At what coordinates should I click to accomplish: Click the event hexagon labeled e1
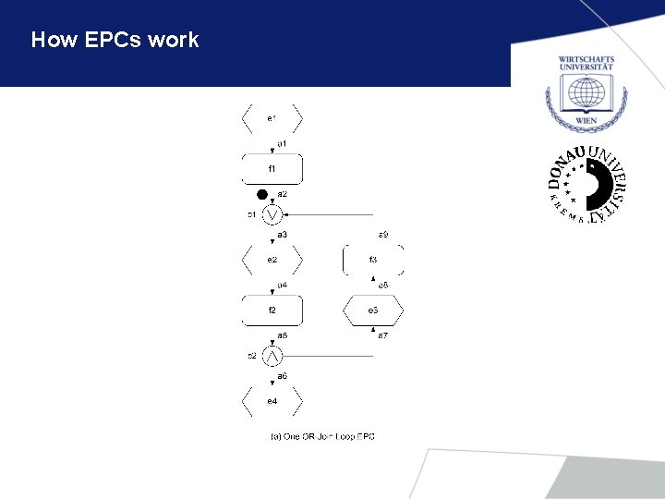click(x=272, y=118)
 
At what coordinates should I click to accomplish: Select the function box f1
click(x=272, y=169)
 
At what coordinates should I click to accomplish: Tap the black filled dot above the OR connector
click(x=262, y=194)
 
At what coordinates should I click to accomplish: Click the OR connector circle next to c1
click(x=272, y=214)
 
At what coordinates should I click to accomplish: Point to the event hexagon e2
click(x=272, y=260)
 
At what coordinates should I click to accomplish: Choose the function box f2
click(x=272, y=310)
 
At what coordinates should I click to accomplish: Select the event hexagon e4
click(x=272, y=401)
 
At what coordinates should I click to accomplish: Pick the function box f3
click(x=373, y=260)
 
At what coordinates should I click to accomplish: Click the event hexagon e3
click(x=373, y=310)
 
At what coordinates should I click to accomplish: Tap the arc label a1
click(x=283, y=144)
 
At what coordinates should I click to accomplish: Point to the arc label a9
click(x=383, y=235)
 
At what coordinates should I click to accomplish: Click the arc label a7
click(x=382, y=335)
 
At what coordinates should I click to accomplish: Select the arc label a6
click(x=283, y=376)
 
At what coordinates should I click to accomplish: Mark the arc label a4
click(x=283, y=285)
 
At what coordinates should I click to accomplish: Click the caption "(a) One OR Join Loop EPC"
click(x=322, y=436)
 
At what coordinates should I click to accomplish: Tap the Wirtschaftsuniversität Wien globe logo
click(x=586, y=92)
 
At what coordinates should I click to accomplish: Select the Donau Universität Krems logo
click(x=586, y=185)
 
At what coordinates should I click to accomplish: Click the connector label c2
click(x=250, y=356)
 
